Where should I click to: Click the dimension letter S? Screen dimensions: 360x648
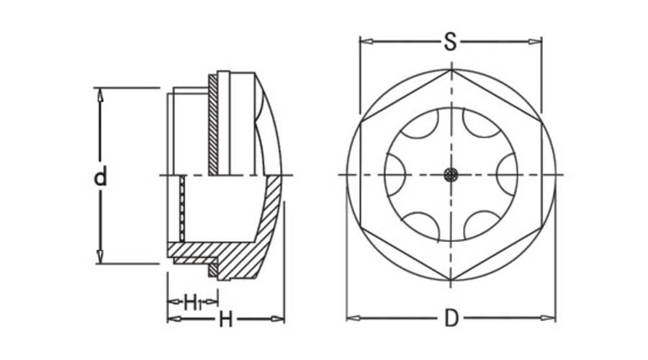[450, 42]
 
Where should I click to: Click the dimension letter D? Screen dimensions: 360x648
[451, 318]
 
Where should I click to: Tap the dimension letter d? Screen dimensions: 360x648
[102, 176]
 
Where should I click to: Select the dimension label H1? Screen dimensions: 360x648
[192, 301]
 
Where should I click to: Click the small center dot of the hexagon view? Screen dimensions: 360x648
[451, 175]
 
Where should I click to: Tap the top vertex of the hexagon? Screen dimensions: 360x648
[451, 69]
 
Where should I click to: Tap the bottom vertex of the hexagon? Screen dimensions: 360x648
[451, 280]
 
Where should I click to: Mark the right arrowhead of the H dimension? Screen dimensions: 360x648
[280, 319]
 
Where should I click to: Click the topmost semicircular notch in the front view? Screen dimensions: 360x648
[451, 117]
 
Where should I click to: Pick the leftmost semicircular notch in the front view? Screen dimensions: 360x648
[392, 175]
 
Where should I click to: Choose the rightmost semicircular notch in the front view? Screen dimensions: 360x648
[508, 175]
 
